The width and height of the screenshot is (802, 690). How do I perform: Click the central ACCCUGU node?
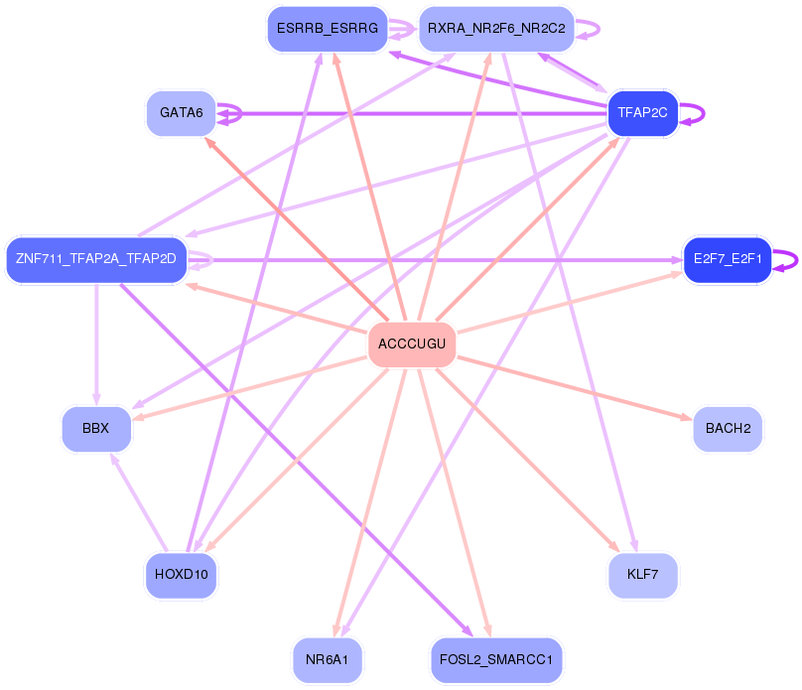[x=412, y=345]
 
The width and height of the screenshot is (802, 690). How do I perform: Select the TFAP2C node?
[x=642, y=113]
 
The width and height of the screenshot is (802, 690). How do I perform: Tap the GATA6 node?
[x=181, y=113]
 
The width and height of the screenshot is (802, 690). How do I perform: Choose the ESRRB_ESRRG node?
[x=327, y=29]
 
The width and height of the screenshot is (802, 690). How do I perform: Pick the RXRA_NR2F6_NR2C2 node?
[x=496, y=29]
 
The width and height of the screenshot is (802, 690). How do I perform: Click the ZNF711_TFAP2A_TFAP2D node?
[x=95, y=259]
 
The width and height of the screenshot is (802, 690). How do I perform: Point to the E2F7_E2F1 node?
[x=727, y=259]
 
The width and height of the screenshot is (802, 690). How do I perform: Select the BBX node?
[x=95, y=429]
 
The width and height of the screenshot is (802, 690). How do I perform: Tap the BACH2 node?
[x=727, y=429]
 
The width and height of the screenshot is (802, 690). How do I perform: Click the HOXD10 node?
[x=181, y=575]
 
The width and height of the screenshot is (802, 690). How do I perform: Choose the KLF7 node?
[x=642, y=575]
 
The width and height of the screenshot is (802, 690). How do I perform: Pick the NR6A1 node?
[x=327, y=659]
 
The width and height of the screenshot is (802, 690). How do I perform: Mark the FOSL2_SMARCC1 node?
[x=496, y=659]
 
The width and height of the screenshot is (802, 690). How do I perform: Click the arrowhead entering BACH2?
[x=686, y=420]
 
